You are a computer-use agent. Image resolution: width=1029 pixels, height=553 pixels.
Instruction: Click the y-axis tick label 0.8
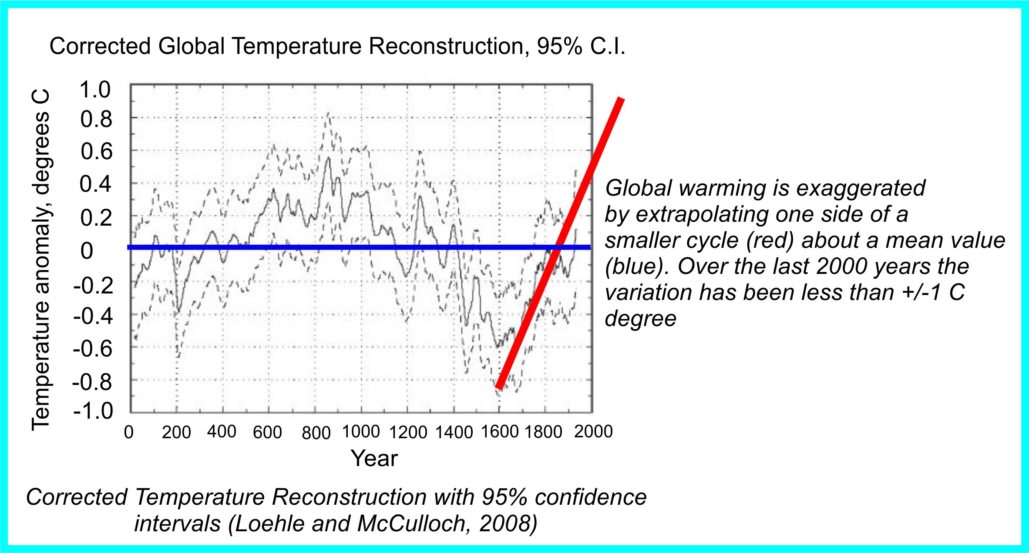96,120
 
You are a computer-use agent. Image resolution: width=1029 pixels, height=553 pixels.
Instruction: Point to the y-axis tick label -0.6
93,349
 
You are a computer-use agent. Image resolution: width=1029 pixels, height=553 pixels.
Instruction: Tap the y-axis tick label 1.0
95,90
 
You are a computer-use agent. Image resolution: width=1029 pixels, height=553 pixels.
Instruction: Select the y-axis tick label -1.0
93,411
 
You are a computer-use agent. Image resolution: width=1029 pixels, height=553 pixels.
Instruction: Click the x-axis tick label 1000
361,432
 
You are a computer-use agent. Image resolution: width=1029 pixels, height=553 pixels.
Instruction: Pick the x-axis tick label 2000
593,431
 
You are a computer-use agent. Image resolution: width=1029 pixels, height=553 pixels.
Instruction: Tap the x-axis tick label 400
222,432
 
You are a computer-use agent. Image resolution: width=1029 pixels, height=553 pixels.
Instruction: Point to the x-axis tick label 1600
500,432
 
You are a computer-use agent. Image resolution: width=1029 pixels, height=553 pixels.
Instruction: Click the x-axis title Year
374,458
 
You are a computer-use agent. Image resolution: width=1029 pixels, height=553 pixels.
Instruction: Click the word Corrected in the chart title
100,46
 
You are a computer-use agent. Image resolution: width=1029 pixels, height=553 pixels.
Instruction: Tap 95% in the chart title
559,46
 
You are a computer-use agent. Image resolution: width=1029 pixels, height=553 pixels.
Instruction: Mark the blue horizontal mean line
305,247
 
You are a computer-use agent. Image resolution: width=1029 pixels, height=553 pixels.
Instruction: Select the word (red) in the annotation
770,240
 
